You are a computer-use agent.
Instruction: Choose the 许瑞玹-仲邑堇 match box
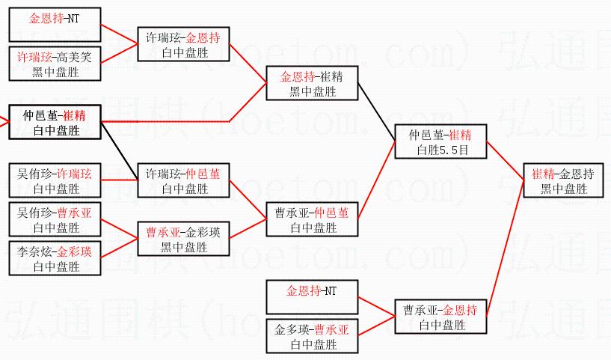pyautogui.click(x=183, y=180)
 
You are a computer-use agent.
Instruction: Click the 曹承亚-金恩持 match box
pyautogui.click(x=440, y=317)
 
